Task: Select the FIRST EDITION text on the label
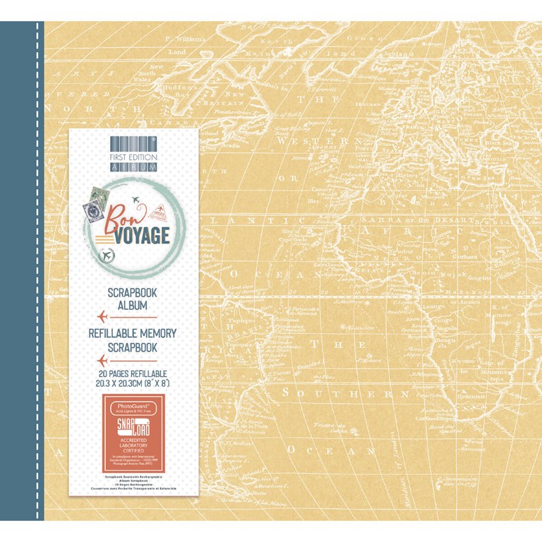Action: (x=133, y=157)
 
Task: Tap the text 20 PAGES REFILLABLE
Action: (x=133, y=373)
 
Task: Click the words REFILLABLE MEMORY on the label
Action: (x=133, y=333)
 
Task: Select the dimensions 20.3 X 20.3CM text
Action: (x=133, y=383)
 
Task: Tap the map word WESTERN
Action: (x=320, y=142)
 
